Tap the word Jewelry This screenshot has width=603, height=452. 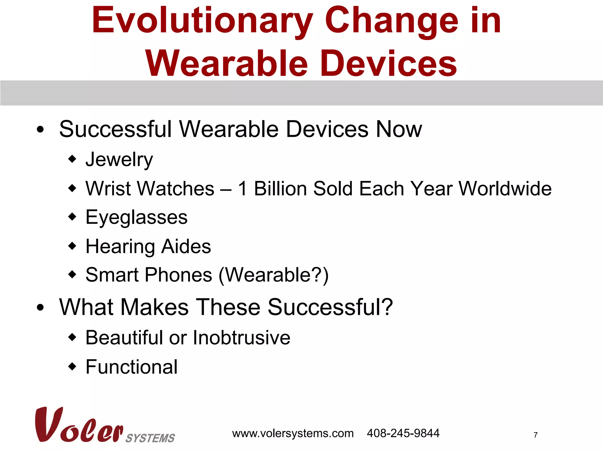click(119, 160)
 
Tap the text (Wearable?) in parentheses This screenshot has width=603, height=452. click(274, 275)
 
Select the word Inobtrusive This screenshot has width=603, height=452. click(241, 338)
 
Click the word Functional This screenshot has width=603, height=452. click(131, 367)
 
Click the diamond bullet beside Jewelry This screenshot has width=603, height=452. click(72, 159)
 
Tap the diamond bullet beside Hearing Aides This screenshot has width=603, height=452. click(72, 246)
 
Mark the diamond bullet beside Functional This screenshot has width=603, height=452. click(72, 367)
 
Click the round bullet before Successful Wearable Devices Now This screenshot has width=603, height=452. click(40, 129)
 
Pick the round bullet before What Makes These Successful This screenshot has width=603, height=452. click(40, 308)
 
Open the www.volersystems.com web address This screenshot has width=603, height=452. click(293, 433)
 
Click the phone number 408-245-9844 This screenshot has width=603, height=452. click(403, 433)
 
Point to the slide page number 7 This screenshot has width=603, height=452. click(536, 435)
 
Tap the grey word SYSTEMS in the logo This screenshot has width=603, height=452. click(150, 438)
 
